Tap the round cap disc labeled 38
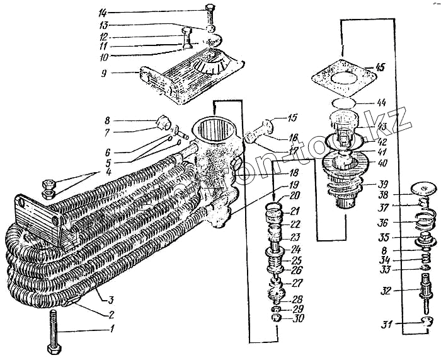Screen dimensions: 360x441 click(x=423, y=187)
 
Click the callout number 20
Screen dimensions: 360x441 click(x=294, y=197)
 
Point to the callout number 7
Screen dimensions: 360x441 click(x=108, y=132)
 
